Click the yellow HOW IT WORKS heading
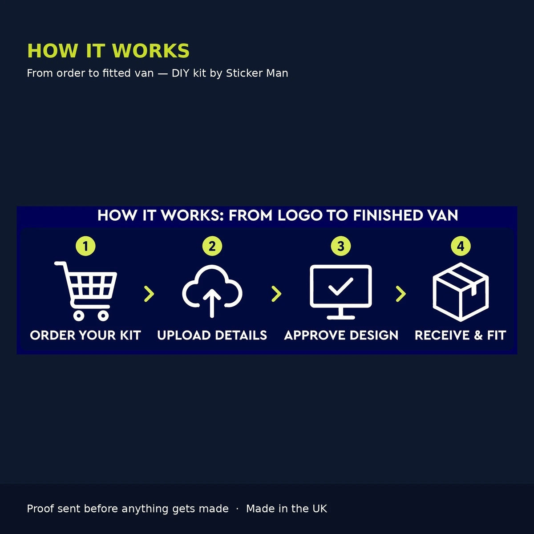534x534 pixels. tap(108, 51)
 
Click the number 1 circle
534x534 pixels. tap(85, 246)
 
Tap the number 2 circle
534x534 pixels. tap(212, 246)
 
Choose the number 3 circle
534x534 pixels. tap(341, 246)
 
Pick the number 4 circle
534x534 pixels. tap(461, 246)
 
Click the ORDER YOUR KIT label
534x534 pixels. tap(85, 336)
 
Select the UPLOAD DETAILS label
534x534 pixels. tap(212, 336)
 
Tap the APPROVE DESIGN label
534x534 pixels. tap(341, 336)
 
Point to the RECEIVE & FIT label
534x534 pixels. tap(461, 336)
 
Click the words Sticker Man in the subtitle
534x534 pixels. tap(257, 73)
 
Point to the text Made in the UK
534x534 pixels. tap(287, 509)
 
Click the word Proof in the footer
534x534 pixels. tap(40, 509)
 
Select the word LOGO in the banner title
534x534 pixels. tap(300, 215)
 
